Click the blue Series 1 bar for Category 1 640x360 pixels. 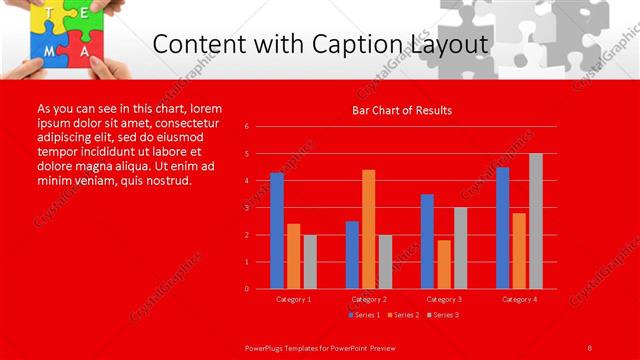coord(277,231)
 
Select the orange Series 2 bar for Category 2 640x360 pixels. coord(369,229)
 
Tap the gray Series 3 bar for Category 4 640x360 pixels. coord(536,221)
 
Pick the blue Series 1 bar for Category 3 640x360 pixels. coord(427,241)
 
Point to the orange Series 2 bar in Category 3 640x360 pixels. coord(444,264)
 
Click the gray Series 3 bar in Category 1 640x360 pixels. coord(310,261)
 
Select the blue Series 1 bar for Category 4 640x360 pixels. coord(503,228)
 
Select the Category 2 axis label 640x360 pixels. coord(369,299)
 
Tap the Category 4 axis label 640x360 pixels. coord(519,299)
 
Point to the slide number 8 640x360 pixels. coord(590,347)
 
